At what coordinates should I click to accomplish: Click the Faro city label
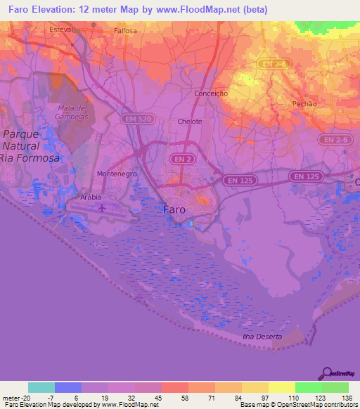point(174,209)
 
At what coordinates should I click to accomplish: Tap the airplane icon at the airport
point(103,207)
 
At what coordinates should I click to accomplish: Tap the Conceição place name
point(212,93)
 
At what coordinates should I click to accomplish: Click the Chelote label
point(190,122)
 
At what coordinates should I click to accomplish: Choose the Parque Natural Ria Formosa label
point(30,146)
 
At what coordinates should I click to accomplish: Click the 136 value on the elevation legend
point(347,397)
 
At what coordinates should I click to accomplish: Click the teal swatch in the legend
point(41,387)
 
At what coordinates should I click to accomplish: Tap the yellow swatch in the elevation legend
point(281,387)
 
